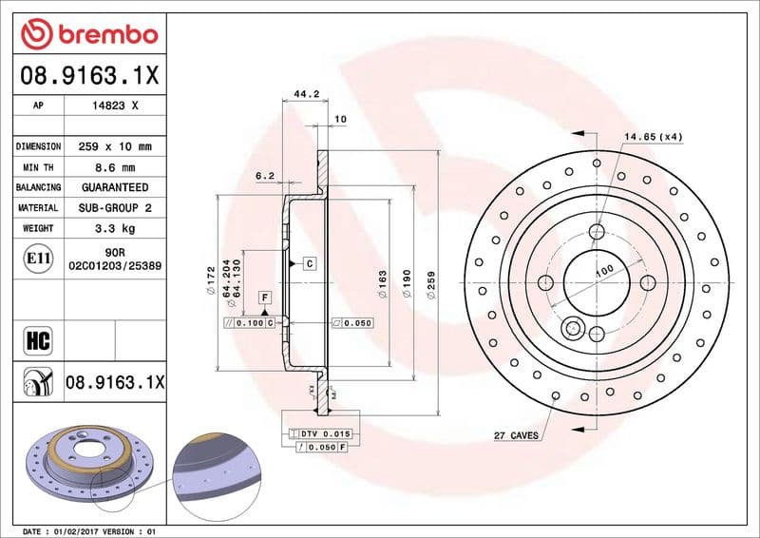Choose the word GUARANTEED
[x=115, y=187]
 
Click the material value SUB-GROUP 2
[x=115, y=207]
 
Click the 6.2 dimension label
[x=264, y=176]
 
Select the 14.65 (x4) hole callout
[x=653, y=137]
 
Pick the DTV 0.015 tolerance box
[x=326, y=433]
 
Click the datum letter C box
[x=309, y=262]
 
